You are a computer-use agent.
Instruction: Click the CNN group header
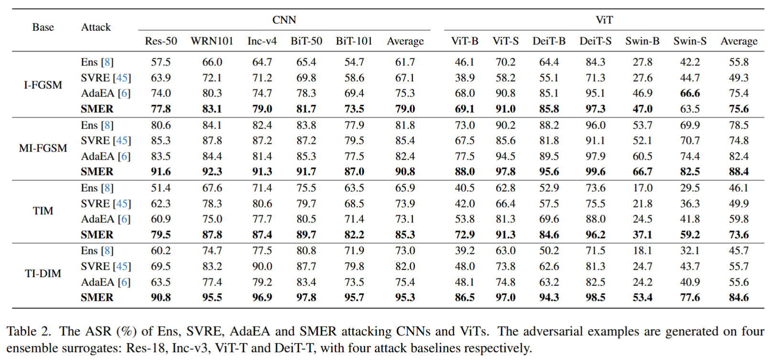pyautogui.click(x=284, y=20)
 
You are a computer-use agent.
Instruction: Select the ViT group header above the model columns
pyautogui.click(x=604, y=20)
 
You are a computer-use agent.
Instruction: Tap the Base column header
pyautogui.click(x=43, y=27)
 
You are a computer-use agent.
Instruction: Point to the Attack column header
pyautogui.click(x=96, y=27)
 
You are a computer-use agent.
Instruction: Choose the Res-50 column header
pyautogui.click(x=161, y=41)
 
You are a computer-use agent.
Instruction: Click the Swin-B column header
pyautogui.click(x=642, y=41)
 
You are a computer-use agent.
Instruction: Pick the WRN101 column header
pyautogui.click(x=212, y=41)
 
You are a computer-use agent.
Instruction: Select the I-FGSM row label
pyautogui.click(x=43, y=85)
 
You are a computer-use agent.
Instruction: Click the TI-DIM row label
pyautogui.click(x=43, y=273)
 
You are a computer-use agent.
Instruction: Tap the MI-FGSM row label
pyautogui.click(x=43, y=148)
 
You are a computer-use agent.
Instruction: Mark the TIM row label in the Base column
pyautogui.click(x=43, y=211)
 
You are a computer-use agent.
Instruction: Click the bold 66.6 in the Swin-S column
pyautogui.click(x=690, y=93)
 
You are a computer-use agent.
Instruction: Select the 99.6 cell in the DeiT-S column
pyautogui.click(x=595, y=172)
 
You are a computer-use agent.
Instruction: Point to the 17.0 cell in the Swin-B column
pyautogui.click(x=642, y=188)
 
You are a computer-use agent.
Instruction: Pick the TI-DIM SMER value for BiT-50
pyautogui.click(x=306, y=297)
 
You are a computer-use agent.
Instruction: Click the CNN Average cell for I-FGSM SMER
pyautogui.click(x=405, y=109)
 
